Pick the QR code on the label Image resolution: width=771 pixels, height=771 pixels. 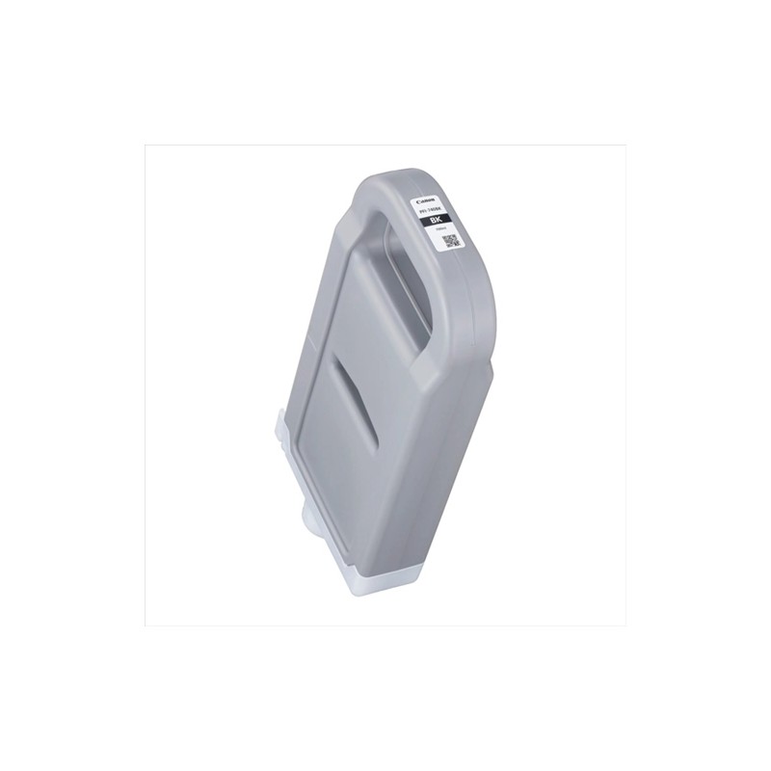pos(451,241)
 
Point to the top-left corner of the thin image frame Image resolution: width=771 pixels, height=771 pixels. pos(145,146)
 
